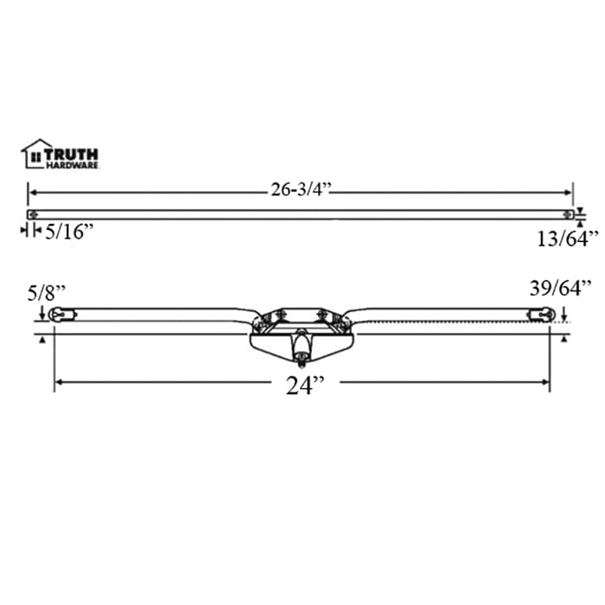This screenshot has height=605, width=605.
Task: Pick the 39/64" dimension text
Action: click(x=560, y=288)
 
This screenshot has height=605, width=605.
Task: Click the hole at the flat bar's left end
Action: click(x=32, y=214)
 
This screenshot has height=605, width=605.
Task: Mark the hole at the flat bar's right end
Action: click(x=568, y=214)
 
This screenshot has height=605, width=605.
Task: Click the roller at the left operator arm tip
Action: click(x=58, y=315)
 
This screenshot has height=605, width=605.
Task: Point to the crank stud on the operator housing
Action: click(x=299, y=348)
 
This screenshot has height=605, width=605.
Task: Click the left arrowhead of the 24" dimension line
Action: click(x=58, y=382)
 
